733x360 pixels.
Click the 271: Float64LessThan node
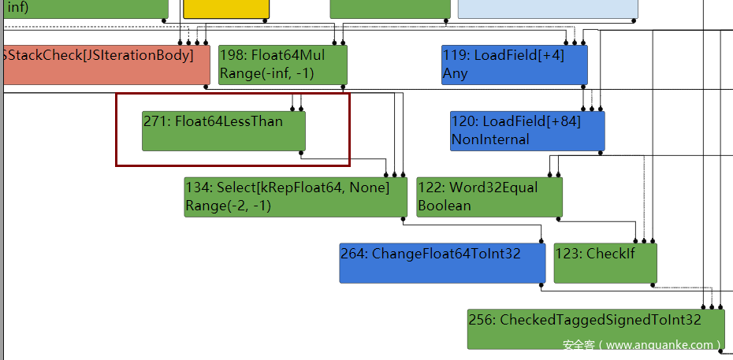point(224,131)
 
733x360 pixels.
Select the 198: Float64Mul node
point(283,65)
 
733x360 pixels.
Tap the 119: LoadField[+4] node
point(515,65)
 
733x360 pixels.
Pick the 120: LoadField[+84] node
point(527,131)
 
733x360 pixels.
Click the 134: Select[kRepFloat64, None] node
point(296,197)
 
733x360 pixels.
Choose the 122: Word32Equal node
point(489,197)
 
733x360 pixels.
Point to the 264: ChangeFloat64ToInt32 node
point(442,263)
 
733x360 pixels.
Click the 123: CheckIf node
point(605,263)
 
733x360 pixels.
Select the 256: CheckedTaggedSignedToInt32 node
point(597,328)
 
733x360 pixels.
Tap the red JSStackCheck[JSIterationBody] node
point(106,65)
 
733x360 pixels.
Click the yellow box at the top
point(226,9)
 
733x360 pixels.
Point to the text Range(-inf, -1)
point(267,74)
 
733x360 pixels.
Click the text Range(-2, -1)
point(228,206)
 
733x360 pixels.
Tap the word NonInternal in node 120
point(490,139)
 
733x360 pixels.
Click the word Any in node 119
point(456,74)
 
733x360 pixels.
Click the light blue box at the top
point(548,9)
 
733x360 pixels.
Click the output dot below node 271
point(301,153)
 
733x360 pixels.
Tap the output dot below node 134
point(403,218)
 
